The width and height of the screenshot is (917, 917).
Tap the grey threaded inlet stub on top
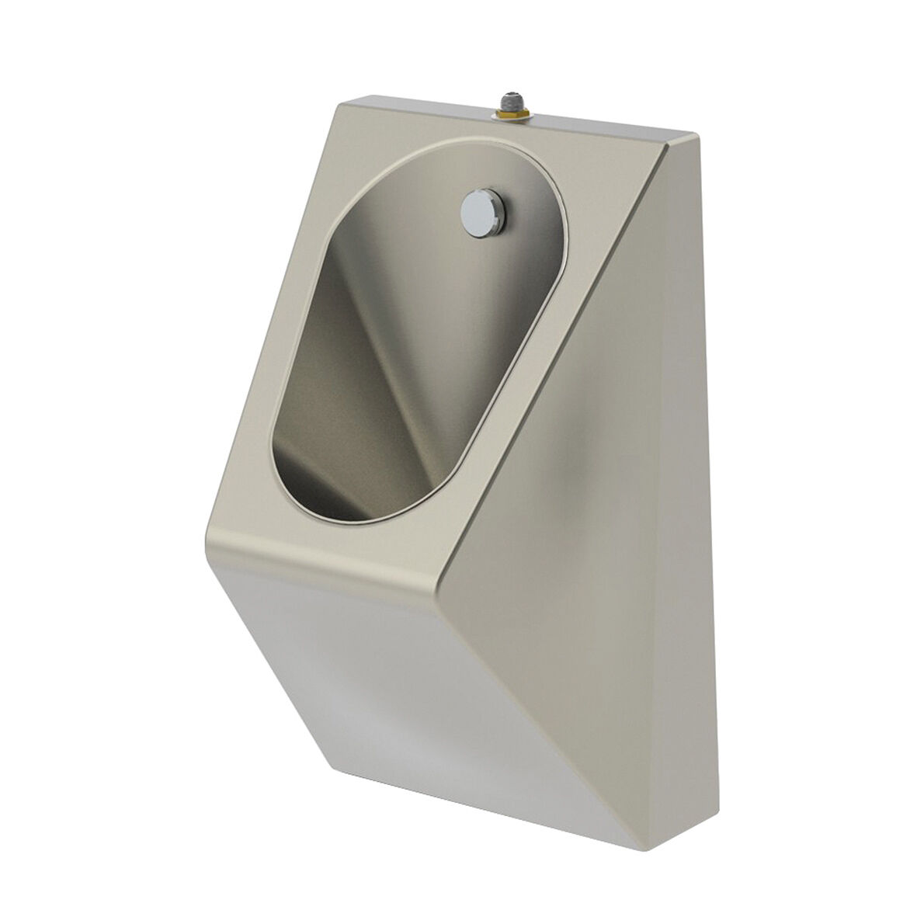point(509,100)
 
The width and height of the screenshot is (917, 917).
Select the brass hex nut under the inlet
point(509,113)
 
